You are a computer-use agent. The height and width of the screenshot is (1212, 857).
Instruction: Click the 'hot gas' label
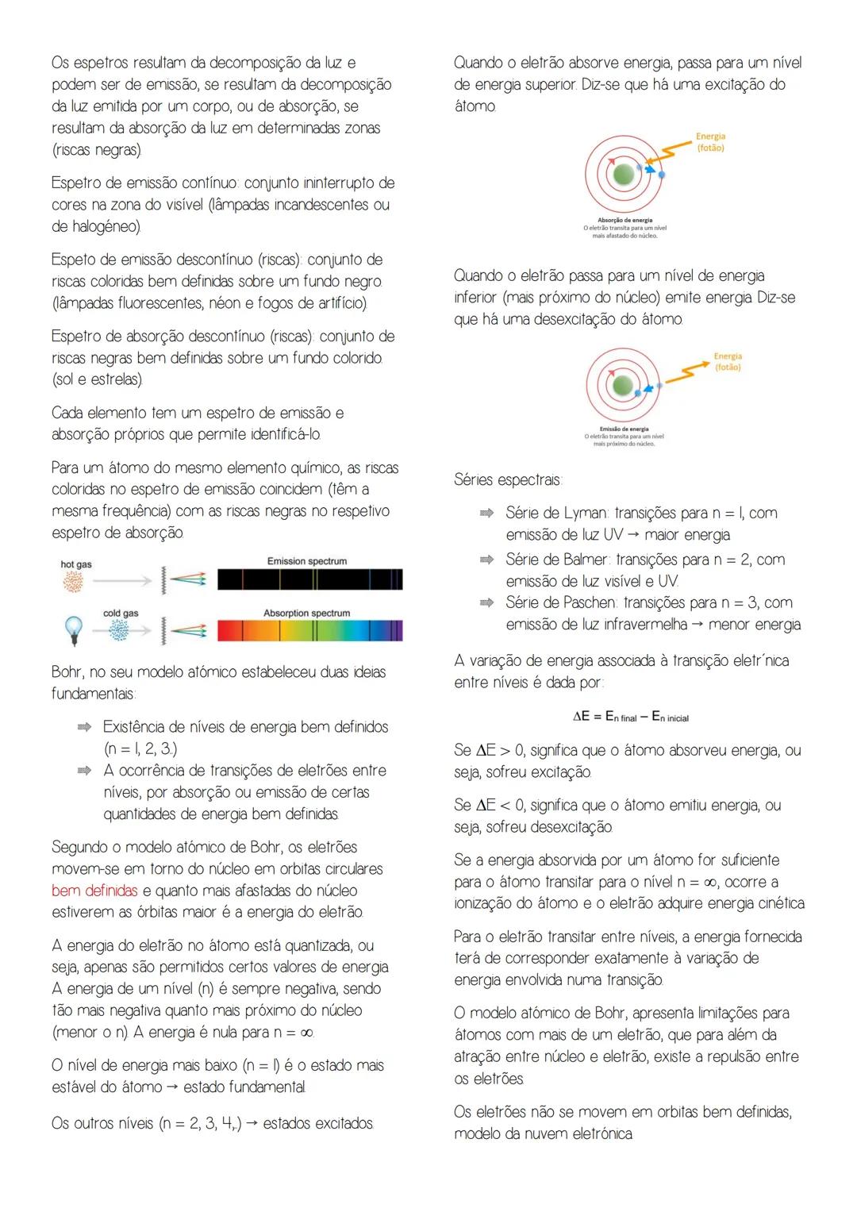pyautogui.click(x=76, y=564)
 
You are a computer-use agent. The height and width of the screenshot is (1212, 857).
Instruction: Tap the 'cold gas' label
pyautogui.click(x=121, y=613)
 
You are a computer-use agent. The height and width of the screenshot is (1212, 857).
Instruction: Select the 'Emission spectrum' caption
pyautogui.click(x=306, y=561)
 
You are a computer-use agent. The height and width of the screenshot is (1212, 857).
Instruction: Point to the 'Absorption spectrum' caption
pyautogui.click(x=306, y=613)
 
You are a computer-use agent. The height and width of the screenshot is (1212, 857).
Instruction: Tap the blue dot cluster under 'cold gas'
pyautogui.click(x=120, y=631)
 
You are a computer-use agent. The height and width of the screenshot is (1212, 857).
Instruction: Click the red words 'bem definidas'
pyautogui.click(x=94, y=891)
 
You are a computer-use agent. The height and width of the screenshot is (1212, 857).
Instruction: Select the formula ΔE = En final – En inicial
pyautogui.click(x=630, y=717)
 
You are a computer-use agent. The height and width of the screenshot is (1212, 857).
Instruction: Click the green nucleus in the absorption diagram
pyautogui.click(x=625, y=175)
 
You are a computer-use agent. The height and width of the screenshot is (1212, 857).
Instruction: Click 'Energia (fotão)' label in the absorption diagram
pyautogui.click(x=710, y=142)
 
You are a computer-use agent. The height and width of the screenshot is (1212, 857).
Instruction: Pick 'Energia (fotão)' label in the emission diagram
pyautogui.click(x=727, y=362)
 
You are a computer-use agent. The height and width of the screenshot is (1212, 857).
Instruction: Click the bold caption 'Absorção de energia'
pyautogui.click(x=624, y=220)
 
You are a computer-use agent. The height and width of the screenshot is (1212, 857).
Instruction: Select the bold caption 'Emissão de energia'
pyautogui.click(x=624, y=429)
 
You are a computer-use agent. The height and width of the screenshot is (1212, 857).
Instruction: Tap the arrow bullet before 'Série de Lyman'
pyautogui.click(x=486, y=514)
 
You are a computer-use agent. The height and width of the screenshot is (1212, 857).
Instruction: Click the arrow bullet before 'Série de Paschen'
pyautogui.click(x=486, y=603)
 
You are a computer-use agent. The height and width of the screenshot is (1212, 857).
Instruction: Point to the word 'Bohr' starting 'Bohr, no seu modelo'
pyautogui.click(x=67, y=672)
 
